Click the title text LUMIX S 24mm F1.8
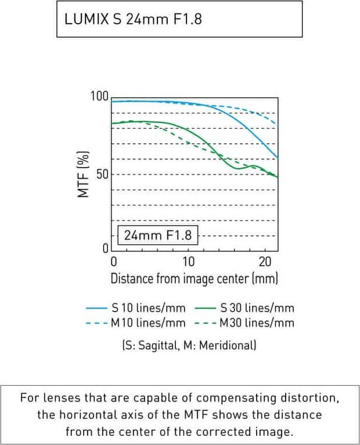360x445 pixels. (x=134, y=19)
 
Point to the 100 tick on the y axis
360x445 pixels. (x=99, y=96)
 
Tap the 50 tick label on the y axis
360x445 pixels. (x=102, y=175)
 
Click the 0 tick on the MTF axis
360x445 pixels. (x=105, y=249)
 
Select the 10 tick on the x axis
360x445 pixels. (x=189, y=261)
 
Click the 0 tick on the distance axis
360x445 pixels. (x=114, y=261)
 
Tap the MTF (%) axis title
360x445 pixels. (x=84, y=173)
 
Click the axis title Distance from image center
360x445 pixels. (x=195, y=278)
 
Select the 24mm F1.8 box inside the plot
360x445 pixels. (x=158, y=236)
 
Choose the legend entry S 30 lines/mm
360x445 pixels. (x=257, y=308)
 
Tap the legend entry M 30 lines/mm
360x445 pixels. (x=257, y=323)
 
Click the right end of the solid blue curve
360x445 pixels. (x=278, y=158)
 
